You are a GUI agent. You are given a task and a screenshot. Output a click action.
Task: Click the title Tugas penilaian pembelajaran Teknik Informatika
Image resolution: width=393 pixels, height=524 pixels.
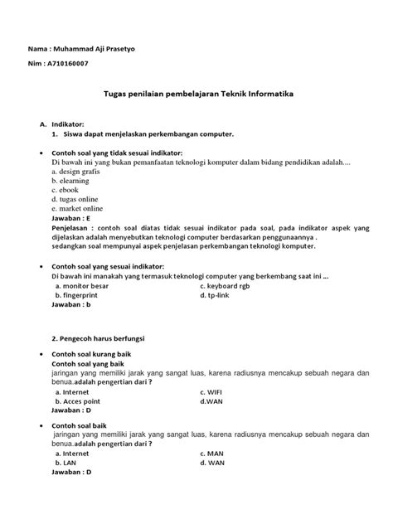pos(196,96)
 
